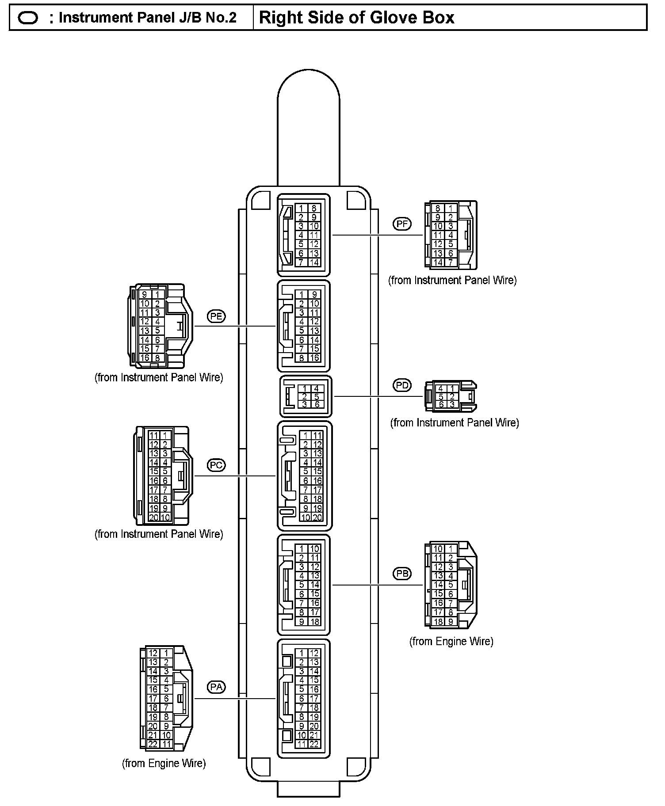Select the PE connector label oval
(x=216, y=316)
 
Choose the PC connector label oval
(x=216, y=465)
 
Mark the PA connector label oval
(x=216, y=687)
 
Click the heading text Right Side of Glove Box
(x=356, y=18)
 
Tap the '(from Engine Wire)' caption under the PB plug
(x=451, y=641)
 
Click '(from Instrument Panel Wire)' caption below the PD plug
(x=455, y=423)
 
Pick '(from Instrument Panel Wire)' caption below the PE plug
(x=159, y=377)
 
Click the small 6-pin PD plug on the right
(x=450, y=396)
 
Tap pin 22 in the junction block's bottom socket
(x=314, y=744)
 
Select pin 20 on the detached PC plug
(x=153, y=517)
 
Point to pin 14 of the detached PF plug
(x=438, y=262)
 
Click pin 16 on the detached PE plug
(x=145, y=357)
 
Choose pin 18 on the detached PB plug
(x=438, y=621)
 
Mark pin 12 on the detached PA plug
(x=153, y=653)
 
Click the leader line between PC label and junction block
(x=234, y=476)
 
